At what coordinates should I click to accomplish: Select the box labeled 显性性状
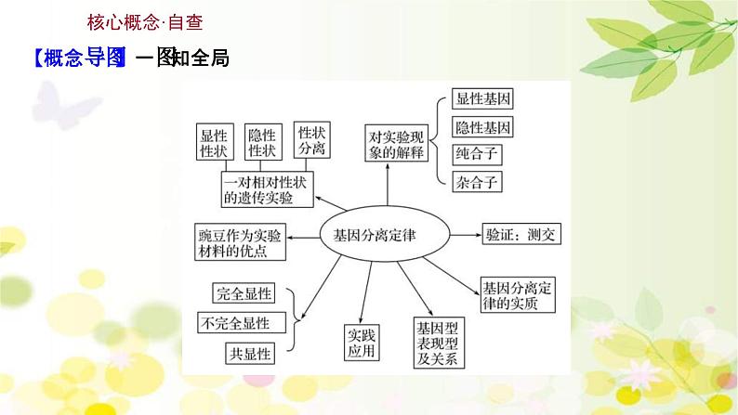pos(216,144)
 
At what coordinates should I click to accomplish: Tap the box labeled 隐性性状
pos(262,144)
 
